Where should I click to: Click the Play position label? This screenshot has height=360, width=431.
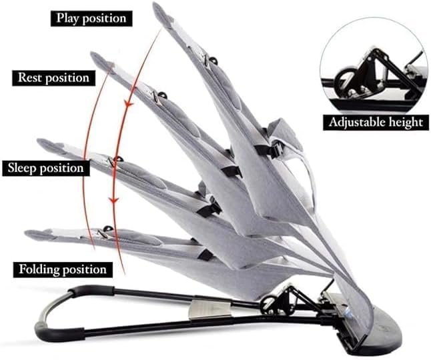pos(91,19)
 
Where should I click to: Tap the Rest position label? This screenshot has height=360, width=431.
pos(53,78)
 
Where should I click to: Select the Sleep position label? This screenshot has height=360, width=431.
pos(46,168)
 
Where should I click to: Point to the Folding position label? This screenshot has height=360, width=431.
pos(63,269)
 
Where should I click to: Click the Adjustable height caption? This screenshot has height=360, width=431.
pos(376,122)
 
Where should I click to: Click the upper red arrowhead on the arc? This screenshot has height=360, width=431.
pos(129,104)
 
